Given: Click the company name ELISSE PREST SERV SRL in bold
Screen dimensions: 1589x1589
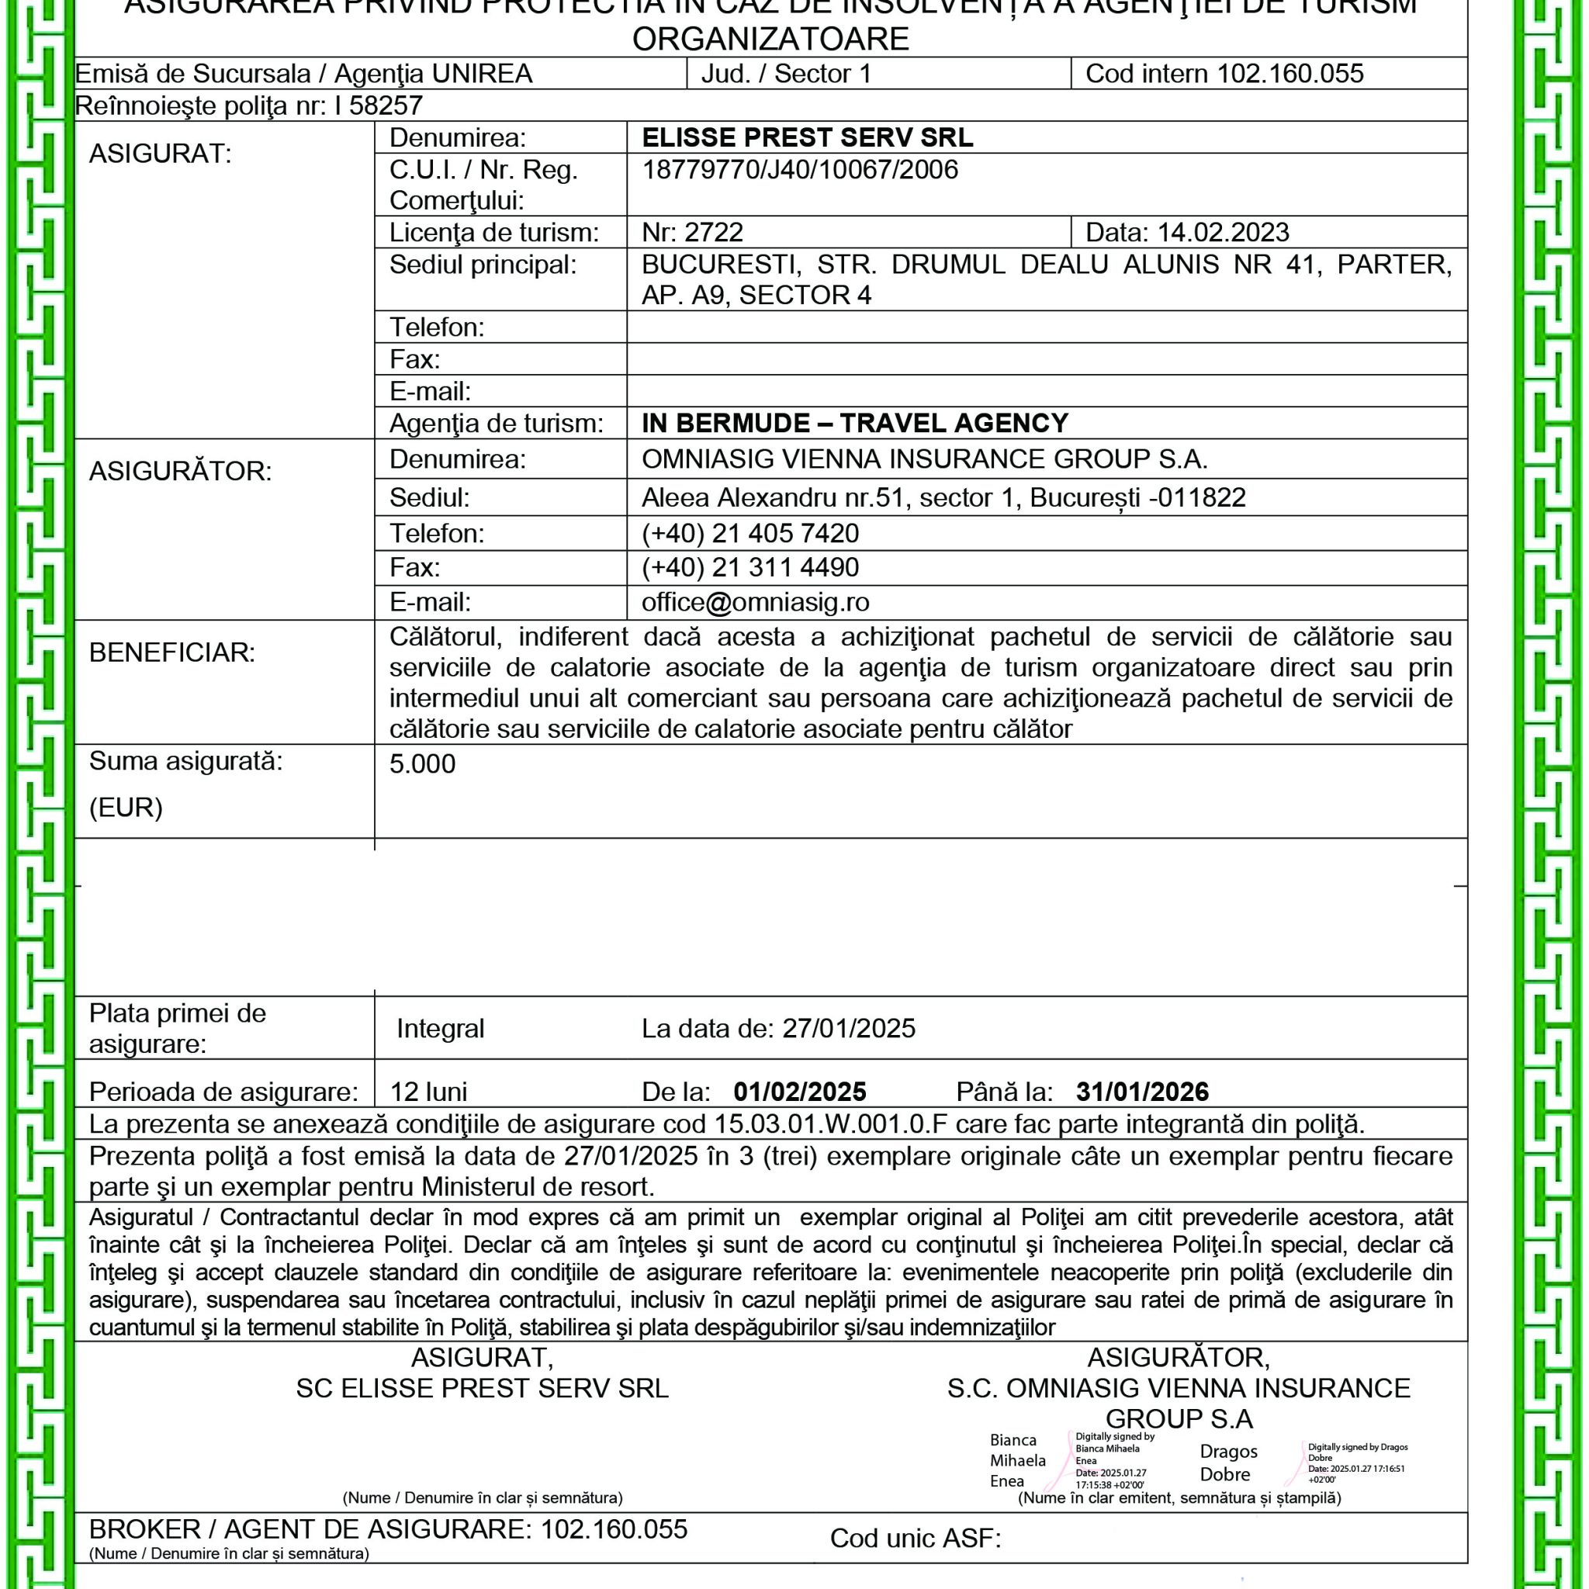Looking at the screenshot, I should [x=807, y=137].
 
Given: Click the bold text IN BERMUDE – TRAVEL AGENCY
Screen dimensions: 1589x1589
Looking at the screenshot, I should [x=854, y=424].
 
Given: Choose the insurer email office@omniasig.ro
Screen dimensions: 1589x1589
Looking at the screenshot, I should [x=755, y=603].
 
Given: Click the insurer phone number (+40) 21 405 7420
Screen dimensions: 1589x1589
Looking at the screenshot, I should [x=750, y=534].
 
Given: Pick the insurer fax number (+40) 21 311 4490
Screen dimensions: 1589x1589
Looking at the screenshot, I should [x=750, y=567].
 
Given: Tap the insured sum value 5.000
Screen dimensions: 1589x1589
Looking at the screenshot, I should [x=422, y=764].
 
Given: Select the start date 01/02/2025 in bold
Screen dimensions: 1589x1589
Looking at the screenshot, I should [x=799, y=1092].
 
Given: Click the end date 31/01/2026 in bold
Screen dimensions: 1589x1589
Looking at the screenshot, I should [x=1142, y=1092].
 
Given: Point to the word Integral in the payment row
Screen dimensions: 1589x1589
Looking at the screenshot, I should [x=440, y=1029].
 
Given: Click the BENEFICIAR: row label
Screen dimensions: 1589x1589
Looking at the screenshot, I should [x=172, y=653].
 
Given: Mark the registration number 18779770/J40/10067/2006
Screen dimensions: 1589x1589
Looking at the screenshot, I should [x=799, y=170].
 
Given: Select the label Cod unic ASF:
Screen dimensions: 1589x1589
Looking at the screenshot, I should [x=916, y=1538].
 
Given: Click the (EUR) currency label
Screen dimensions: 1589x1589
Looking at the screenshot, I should [x=126, y=808].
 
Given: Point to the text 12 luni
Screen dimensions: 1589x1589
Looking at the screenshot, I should [x=428, y=1092].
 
